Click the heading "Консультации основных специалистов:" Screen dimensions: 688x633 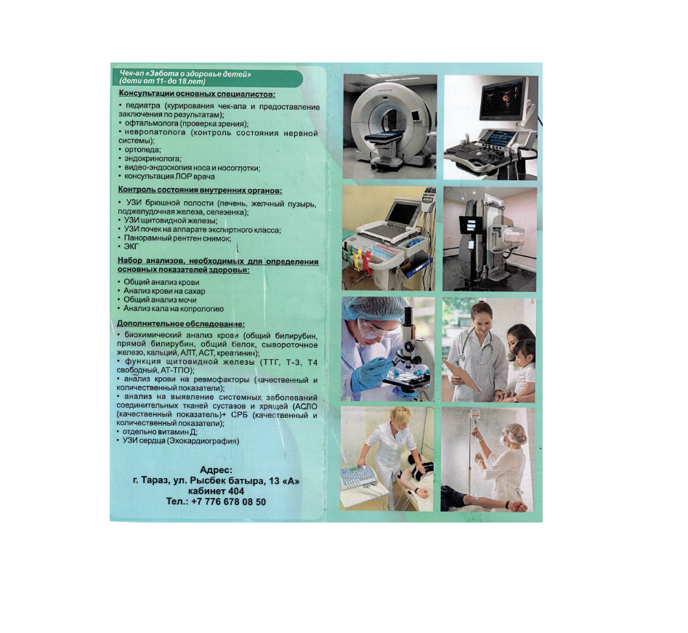(197, 94)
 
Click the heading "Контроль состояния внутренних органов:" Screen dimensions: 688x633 (200, 190)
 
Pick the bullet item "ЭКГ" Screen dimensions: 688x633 (128, 246)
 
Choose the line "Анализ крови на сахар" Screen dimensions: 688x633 (161, 291)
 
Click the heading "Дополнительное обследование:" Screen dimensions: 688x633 (181, 324)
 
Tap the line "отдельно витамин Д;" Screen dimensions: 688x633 (157, 432)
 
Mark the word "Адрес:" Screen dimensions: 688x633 (216, 470)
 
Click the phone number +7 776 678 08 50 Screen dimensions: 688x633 (229, 501)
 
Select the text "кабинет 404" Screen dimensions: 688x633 (216, 491)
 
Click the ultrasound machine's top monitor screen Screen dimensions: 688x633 (503, 100)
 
